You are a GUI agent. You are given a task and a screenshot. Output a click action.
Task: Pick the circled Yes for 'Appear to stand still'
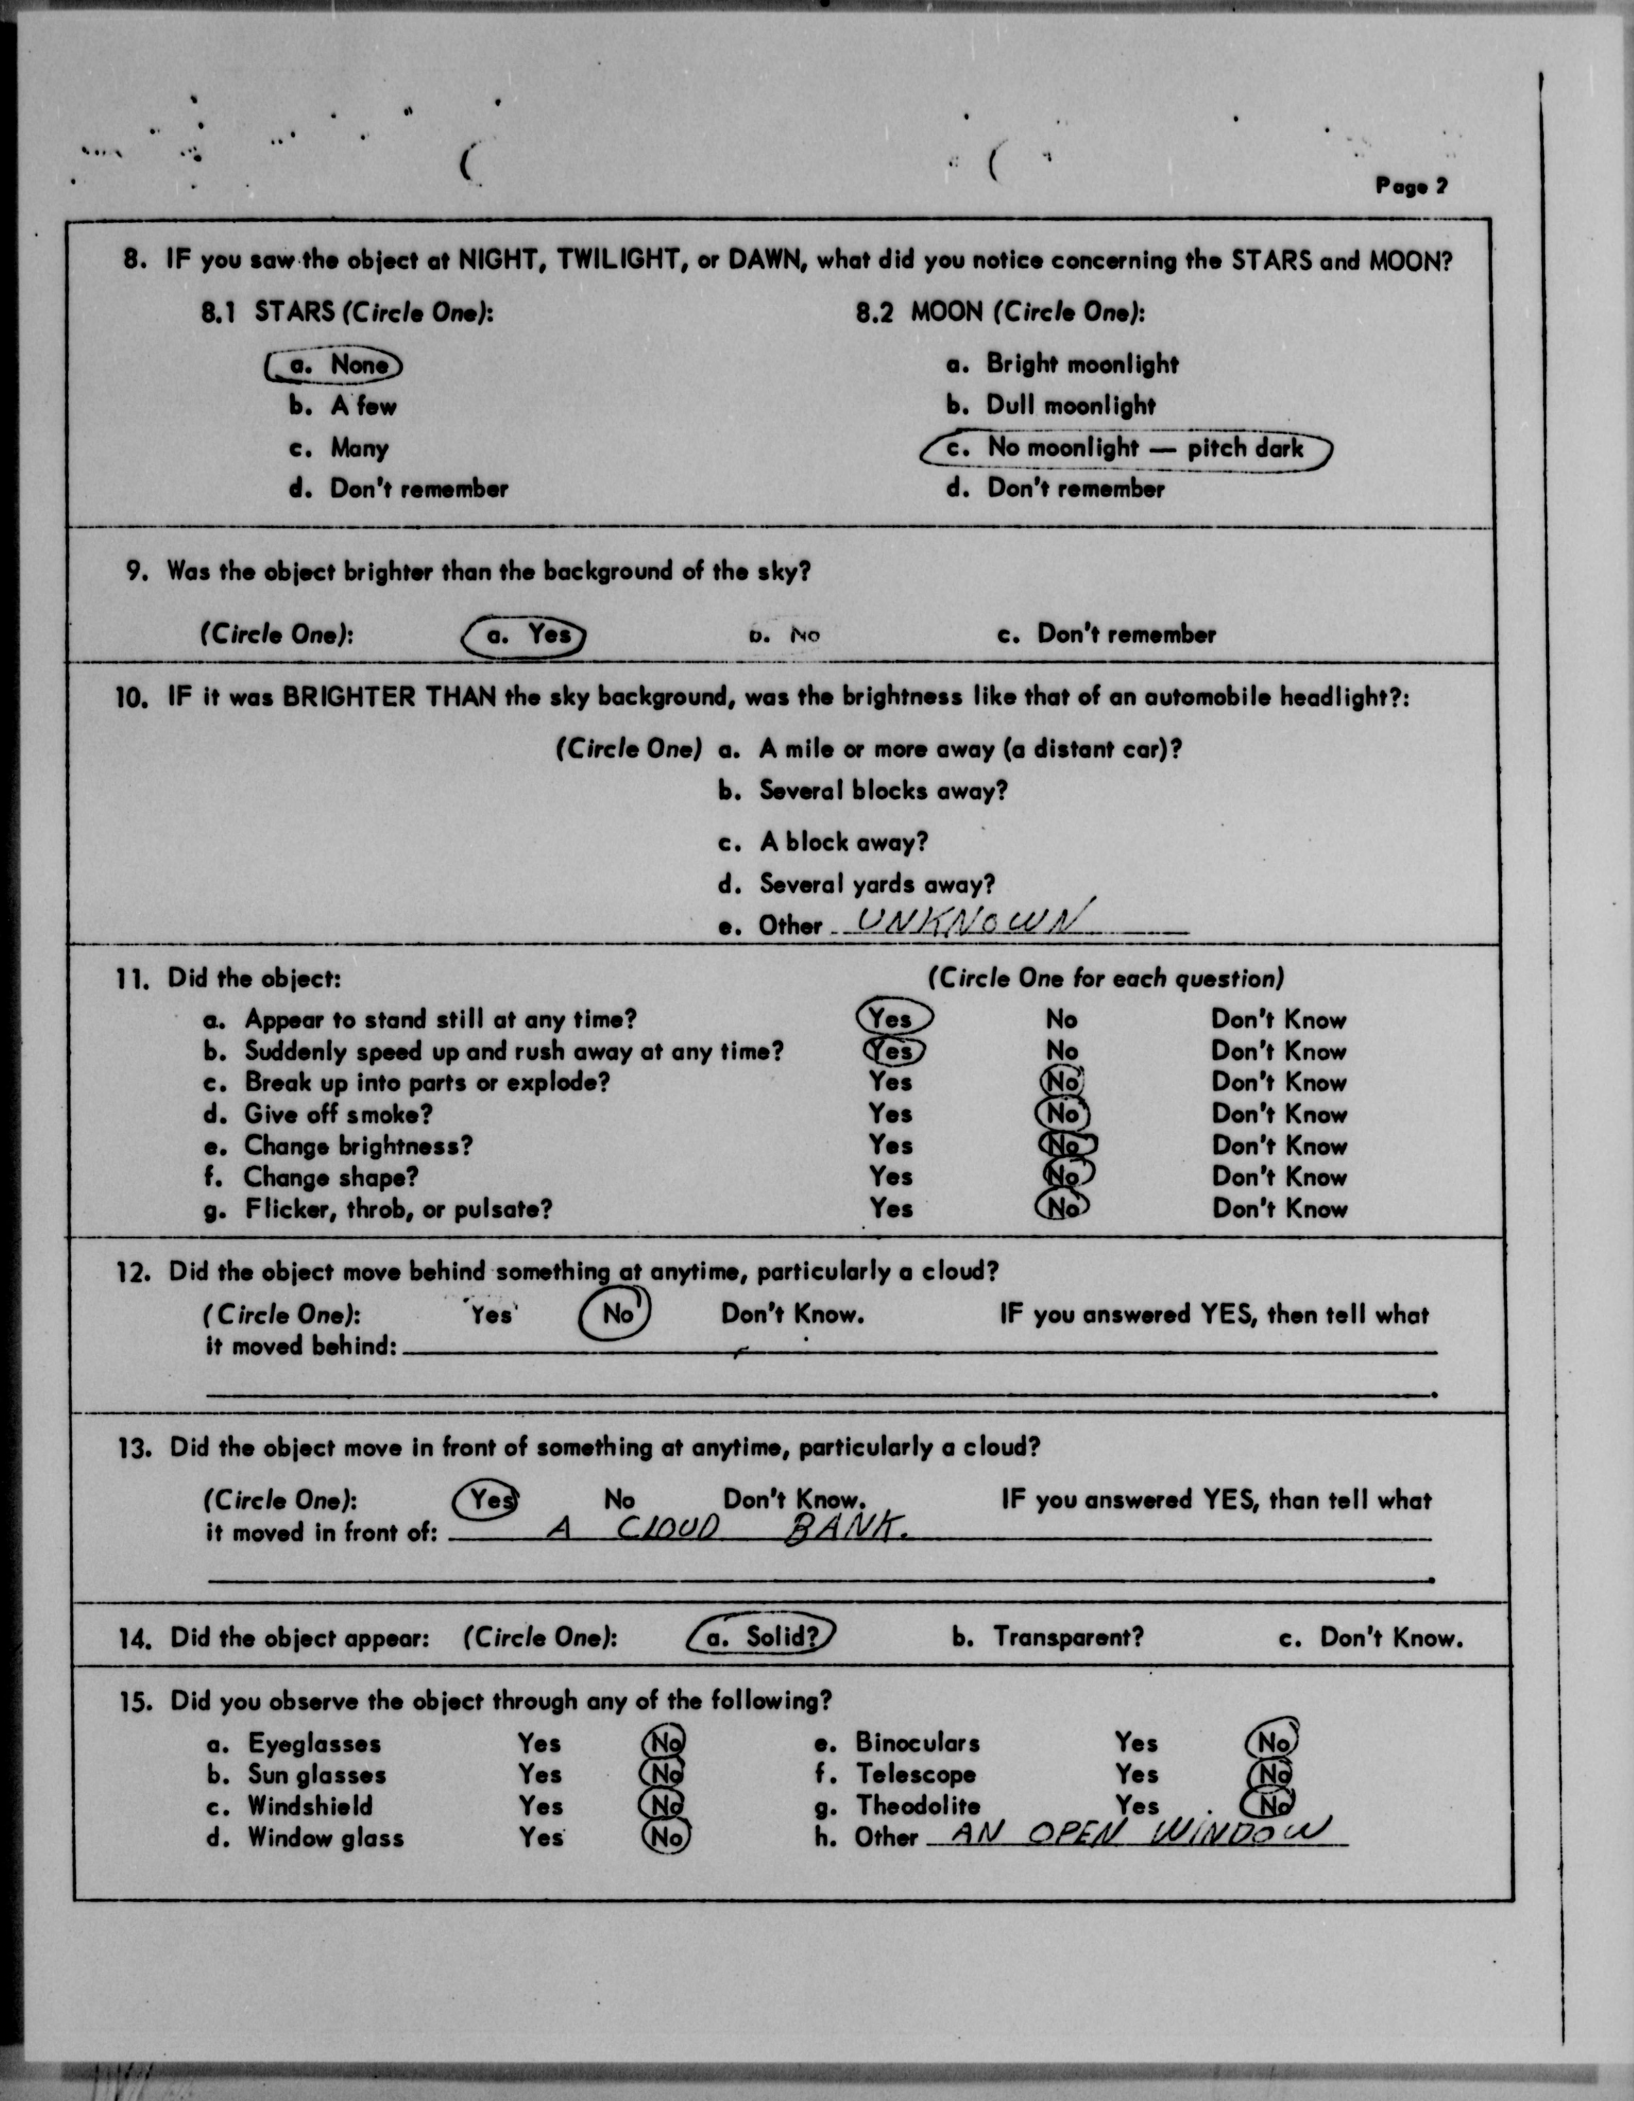click(x=892, y=1018)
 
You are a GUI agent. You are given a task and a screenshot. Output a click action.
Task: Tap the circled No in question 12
click(x=616, y=1314)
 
